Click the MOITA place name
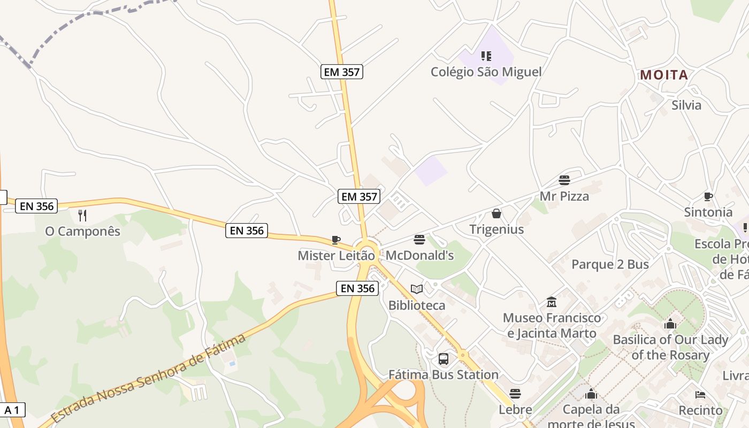(x=664, y=75)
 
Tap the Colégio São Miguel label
(x=486, y=72)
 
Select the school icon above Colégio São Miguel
(x=486, y=56)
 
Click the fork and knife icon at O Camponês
(x=82, y=216)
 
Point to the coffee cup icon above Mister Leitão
(x=336, y=240)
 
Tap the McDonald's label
(x=419, y=255)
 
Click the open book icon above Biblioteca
(x=417, y=289)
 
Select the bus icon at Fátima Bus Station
(x=444, y=358)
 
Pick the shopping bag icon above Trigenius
(x=496, y=213)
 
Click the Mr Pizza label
(x=564, y=196)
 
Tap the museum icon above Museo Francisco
(x=552, y=302)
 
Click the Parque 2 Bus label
(x=610, y=264)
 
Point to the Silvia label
(x=686, y=105)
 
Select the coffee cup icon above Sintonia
(x=708, y=196)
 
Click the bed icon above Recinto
(x=700, y=395)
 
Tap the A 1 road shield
(x=12, y=410)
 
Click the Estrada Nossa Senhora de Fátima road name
(x=149, y=379)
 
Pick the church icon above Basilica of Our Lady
(x=670, y=324)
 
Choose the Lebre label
(x=515, y=410)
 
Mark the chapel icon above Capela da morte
(x=591, y=394)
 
